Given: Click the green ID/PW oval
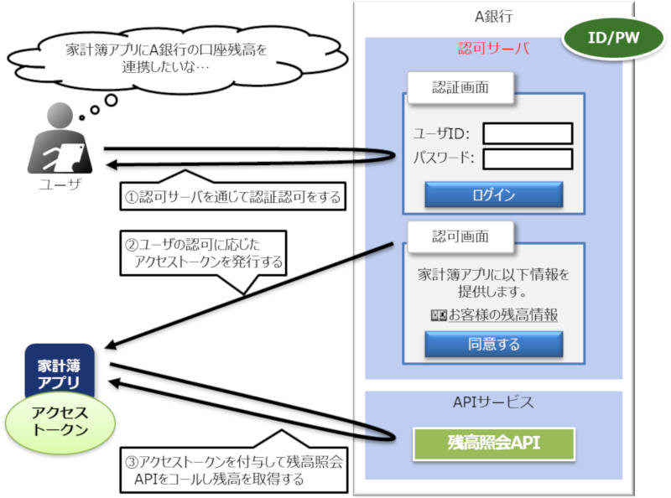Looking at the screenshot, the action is [x=613, y=38].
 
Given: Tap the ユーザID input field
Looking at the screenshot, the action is [x=528, y=133].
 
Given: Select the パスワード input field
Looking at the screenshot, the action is [x=528, y=159].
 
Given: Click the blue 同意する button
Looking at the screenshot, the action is [x=493, y=344].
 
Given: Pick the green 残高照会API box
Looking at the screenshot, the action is [x=493, y=444].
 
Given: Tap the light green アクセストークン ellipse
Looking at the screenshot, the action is [x=60, y=422].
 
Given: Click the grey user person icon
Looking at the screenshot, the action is [x=60, y=138].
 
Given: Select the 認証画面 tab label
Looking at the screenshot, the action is [x=460, y=87].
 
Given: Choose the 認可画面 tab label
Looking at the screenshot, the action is [x=460, y=236].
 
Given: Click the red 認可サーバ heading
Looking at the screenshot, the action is [x=493, y=48].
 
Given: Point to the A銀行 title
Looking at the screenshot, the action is [x=493, y=16].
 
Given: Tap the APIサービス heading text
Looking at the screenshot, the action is [x=493, y=402].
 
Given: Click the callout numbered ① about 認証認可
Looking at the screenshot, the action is [x=233, y=196].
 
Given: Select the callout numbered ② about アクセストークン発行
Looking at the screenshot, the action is [x=203, y=253].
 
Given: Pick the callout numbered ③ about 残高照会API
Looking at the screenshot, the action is [x=234, y=470].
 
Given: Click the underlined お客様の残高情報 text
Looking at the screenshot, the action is [x=502, y=315].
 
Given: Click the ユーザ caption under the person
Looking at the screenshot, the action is [x=60, y=184].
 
